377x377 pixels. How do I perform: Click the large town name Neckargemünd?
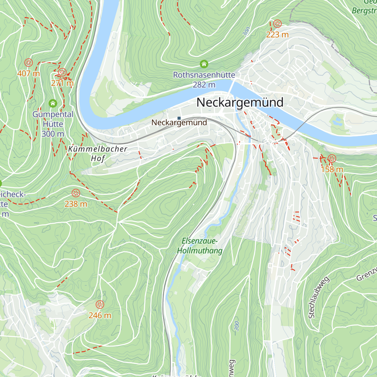[240, 102]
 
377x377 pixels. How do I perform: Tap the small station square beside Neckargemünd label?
[179, 118]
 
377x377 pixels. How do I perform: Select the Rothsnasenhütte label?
[204, 75]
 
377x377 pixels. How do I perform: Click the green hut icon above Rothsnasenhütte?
[204, 64]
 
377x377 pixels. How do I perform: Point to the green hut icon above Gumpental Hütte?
[53, 103]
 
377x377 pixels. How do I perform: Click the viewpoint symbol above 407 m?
[29, 63]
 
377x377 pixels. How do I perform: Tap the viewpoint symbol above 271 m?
[62, 72]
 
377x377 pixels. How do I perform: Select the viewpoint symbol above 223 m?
[277, 24]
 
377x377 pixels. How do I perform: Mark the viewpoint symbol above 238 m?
[76, 193]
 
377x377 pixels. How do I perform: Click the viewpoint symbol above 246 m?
[100, 304]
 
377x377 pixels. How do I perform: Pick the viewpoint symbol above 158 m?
[332, 158]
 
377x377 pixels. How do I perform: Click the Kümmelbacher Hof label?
[97, 153]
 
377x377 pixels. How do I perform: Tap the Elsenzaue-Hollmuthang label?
[200, 246]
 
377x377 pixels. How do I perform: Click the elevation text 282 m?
[204, 85]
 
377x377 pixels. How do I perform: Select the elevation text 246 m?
[100, 315]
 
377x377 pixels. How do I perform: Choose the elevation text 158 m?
[332, 169]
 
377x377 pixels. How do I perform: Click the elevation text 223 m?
[277, 35]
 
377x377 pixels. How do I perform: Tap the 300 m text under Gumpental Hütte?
[53, 134]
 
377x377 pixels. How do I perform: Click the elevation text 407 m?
[29, 74]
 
